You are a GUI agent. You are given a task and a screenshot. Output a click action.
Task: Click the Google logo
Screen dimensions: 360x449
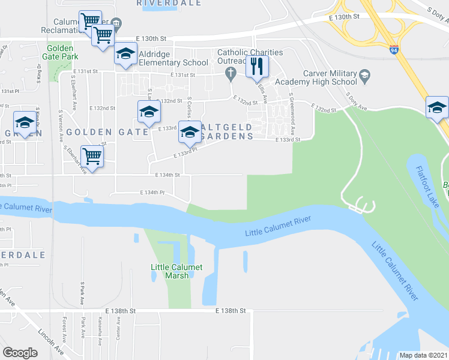tap(20, 353)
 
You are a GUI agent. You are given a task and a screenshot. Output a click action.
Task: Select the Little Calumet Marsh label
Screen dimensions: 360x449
tap(176, 271)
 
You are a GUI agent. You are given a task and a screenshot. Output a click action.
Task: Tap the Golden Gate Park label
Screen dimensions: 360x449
tap(59, 52)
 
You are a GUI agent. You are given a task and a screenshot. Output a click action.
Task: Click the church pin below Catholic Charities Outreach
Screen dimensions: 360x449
tap(230, 73)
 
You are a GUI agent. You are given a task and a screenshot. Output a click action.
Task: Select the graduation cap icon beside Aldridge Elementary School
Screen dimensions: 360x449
tap(126, 55)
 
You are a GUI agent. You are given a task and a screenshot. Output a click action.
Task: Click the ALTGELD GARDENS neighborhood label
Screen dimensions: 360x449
tap(226, 131)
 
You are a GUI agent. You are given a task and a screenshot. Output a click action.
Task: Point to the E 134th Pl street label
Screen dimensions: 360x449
tap(152, 193)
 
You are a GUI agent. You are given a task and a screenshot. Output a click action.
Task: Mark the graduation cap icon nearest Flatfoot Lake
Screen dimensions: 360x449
tap(438, 107)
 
